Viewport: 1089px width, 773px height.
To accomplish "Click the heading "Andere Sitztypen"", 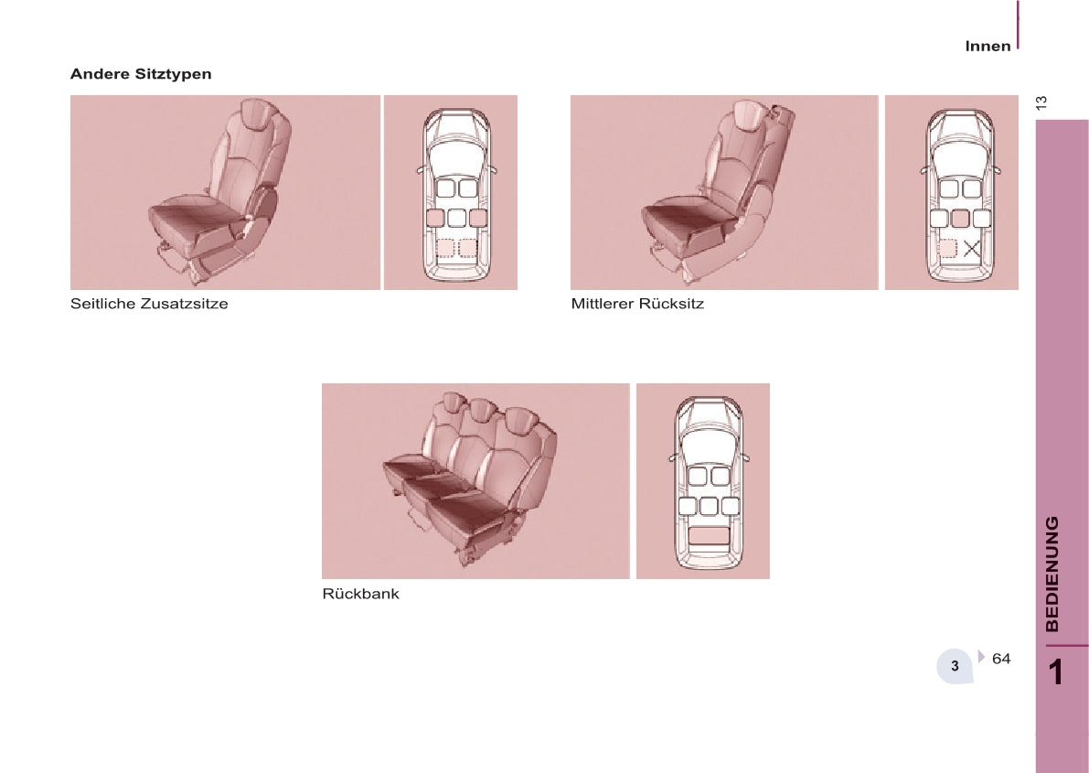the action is [140, 74].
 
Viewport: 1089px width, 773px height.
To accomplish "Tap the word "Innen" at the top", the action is [988, 47].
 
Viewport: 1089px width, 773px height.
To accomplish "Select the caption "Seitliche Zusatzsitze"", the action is [149, 304].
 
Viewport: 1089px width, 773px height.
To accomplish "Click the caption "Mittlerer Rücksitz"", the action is [637, 304].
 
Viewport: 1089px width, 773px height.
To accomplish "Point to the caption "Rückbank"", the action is [360, 594].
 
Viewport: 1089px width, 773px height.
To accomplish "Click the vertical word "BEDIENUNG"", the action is [1052, 574].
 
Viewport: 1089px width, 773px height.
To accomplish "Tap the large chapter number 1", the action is [1056, 672].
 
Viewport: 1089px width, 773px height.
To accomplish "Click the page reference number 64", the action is [1001, 659].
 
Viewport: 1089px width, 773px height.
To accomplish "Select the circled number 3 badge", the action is [955, 666].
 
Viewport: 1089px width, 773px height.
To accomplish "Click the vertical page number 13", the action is [1041, 102].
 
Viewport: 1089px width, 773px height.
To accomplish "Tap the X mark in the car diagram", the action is [971, 248].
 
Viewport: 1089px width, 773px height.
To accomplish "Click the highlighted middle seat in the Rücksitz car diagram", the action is [960, 219].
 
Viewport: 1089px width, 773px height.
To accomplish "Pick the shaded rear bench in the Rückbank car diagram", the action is [710, 534].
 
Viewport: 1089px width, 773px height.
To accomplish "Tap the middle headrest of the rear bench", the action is [479, 410].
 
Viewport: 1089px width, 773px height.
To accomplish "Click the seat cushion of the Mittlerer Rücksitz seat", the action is [684, 222].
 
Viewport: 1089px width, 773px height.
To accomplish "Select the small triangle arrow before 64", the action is [981, 656].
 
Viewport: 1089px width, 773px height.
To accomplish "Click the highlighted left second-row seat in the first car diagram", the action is [434, 218].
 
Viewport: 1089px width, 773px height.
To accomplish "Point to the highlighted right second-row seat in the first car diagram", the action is [477, 218].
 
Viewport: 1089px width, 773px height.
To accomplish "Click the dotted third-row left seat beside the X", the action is [946, 248].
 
